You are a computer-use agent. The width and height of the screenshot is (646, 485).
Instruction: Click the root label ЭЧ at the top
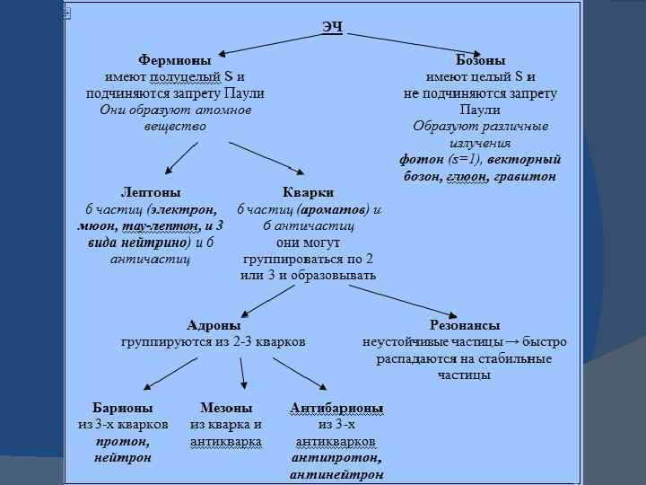(x=332, y=27)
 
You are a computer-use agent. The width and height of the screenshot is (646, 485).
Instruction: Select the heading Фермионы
(x=175, y=61)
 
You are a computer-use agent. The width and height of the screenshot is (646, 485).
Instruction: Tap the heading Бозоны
(x=480, y=61)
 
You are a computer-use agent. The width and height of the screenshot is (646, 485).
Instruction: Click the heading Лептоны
(x=151, y=192)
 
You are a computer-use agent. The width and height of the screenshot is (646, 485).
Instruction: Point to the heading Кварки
(x=308, y=192)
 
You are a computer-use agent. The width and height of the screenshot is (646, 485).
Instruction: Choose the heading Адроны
(x=214, y=325)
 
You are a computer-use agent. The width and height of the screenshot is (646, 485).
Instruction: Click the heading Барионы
(x=122, y=408)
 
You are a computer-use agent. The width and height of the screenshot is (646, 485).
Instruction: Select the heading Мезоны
(x=226, y=408)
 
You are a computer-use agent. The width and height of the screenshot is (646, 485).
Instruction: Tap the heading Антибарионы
(x=336, y=409)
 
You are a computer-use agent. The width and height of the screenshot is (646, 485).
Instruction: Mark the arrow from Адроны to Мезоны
(x=241, y=372)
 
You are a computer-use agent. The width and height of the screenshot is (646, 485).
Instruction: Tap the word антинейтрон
(x=336, y=473)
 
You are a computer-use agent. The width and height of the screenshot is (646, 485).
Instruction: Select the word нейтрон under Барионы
(x=123, y=457)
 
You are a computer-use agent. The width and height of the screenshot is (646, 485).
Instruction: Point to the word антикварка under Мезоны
(x=226, y=441)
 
